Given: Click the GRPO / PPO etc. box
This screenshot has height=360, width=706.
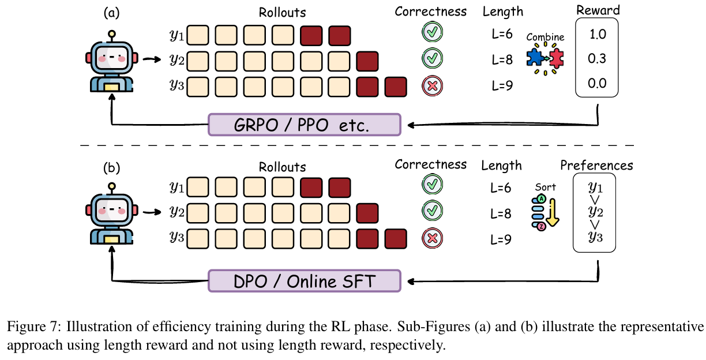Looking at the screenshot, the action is click(x=303, y=125).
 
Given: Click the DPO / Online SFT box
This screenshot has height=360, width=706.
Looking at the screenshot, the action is click(x=303, y=282).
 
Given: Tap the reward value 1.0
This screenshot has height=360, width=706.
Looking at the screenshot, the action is click(x=598, y=34).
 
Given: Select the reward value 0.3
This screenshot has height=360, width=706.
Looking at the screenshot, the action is click(x=598, y=58).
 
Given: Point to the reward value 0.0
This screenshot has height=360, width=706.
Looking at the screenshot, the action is click(x=598, y=83).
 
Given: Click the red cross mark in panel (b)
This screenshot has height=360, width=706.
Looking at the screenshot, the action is click(x=431, y=238).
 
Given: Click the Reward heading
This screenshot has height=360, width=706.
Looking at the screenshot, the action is click(x=598, y=10).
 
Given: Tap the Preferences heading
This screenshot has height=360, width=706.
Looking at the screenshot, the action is click(x=596, y=166).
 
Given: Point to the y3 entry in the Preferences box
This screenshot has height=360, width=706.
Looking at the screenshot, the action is click(x=596, y=237).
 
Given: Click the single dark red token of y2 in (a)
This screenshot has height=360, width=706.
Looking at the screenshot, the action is click(x=367, y=59).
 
